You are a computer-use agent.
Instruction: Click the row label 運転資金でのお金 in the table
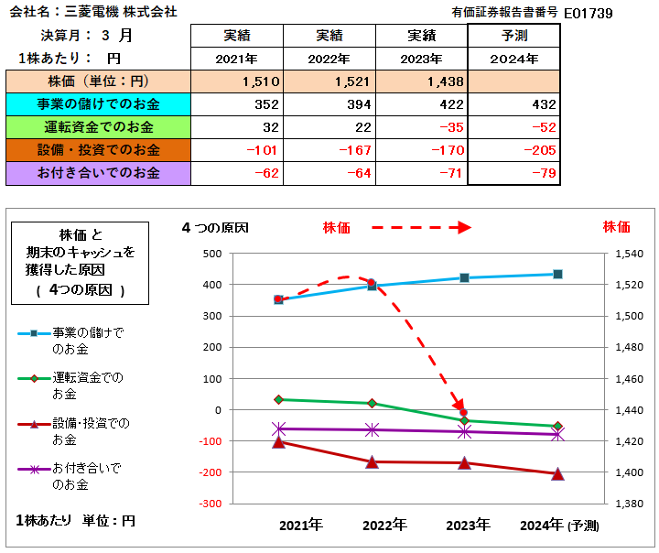(x=96, y=127)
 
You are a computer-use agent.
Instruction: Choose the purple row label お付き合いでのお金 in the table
(x=96, y=172)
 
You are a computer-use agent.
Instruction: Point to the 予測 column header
(x=513, y=36)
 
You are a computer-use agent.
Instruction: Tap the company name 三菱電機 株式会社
(x=128, y=13)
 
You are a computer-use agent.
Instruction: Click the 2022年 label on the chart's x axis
(x=384, y=526)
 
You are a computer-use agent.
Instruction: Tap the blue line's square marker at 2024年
(x=557, y=274)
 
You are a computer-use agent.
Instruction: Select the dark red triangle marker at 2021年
(x=278, y=442)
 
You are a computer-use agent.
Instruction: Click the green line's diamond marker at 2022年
(x=372, y=403)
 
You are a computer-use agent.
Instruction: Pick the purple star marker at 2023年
(x=464, y=431)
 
